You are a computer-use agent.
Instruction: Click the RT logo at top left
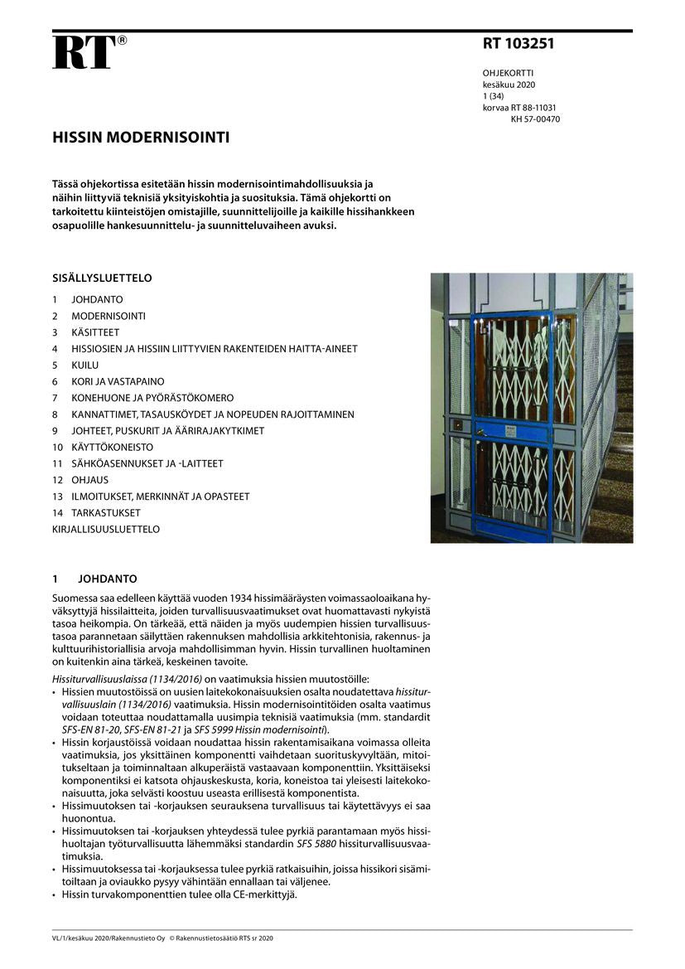[84, 51]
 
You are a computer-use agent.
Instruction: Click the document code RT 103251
[519, 45]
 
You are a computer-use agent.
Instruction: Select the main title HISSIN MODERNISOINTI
[141, 138]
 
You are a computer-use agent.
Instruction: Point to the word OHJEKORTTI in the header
[508, 73]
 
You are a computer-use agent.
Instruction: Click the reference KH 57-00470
[535, 119]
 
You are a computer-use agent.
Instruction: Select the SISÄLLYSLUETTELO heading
[102, 279]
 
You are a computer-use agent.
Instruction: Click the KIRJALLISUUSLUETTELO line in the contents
[106, 529]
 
